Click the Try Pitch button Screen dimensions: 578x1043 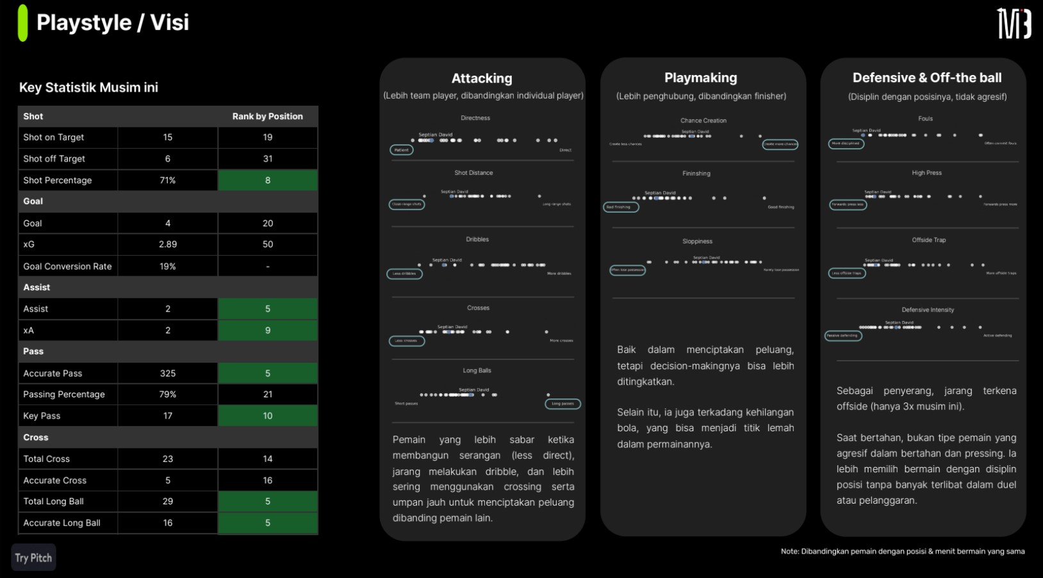click(33, 557)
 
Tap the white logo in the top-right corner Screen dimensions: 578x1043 click(1014, 24)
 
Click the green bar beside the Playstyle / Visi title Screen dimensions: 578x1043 click(23, 23)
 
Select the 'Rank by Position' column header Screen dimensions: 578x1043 click(267, 116)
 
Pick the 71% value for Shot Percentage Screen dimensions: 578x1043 click(167, 180)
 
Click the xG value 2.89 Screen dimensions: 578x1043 click(167, 244)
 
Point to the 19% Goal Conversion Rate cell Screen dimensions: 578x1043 click(167, 266)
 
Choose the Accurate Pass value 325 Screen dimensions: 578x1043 click(167, 373)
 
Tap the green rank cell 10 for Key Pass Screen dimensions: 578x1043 click(267, 416)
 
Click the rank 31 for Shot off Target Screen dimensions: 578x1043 click(267, 159)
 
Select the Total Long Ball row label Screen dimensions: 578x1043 click(54, 501)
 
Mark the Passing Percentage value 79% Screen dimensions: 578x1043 click(167, 394)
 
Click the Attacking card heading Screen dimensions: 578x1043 click(482, 78)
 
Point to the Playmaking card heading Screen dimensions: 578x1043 click(700, 78)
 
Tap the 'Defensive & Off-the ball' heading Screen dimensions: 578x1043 click(926, 78)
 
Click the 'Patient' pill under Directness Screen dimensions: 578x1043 click(402, 150)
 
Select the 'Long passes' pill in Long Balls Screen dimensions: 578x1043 click(563, 404)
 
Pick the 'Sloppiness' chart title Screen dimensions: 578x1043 click(697, 242)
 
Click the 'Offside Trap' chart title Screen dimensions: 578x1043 click(928, 240)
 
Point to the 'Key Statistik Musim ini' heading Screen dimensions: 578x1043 click(88, 88)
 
